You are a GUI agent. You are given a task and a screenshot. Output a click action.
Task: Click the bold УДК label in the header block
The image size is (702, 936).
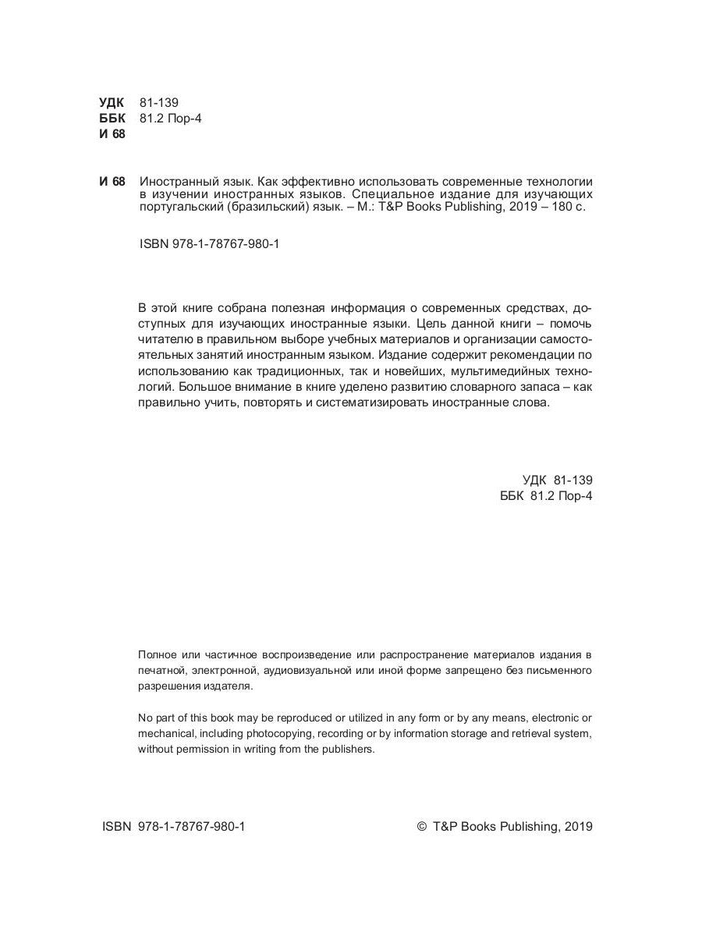point(112,102)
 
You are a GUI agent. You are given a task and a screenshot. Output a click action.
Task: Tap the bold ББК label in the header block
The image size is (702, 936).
point(112,118)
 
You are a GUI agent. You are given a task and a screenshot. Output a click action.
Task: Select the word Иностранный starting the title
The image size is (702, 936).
point(173,182)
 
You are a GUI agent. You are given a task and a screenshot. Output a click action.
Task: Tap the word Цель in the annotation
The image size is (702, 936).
point(432,322)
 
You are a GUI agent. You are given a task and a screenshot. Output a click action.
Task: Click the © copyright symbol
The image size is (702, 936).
point(423,827)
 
